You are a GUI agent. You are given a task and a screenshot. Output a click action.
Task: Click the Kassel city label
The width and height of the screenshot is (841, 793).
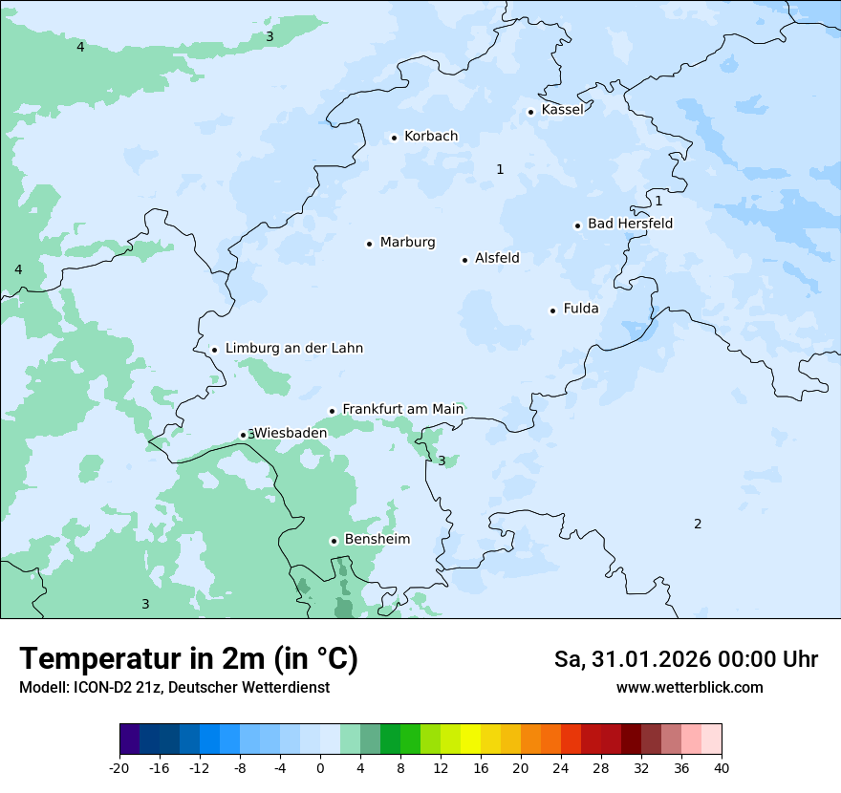[562, 110]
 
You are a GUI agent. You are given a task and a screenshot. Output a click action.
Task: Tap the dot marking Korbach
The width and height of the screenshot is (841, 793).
[394, 138]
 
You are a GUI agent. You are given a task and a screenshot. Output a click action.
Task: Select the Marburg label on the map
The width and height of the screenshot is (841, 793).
[407, 243]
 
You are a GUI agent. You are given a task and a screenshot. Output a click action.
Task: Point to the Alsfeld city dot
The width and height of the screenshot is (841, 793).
[465, 260]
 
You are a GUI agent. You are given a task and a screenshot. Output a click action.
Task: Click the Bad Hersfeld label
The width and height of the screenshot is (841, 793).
[630, 224]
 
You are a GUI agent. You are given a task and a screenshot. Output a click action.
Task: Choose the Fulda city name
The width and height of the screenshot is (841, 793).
[581, 309]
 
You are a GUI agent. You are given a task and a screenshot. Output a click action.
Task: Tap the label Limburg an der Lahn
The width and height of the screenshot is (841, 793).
[294, 349]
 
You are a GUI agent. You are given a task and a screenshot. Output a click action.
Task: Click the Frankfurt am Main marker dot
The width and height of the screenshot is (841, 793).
[333, 411]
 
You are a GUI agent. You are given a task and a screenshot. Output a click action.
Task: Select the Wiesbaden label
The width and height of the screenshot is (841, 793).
[291, 433]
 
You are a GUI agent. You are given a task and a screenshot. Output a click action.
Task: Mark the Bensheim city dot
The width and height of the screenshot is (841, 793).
[334, 541]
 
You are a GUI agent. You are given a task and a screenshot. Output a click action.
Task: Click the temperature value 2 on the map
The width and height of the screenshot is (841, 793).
[698, 524]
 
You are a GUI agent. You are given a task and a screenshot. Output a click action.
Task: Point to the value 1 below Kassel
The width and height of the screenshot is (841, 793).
[500, 169]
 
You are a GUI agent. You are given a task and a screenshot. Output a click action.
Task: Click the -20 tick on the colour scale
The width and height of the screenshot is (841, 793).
[119, 768]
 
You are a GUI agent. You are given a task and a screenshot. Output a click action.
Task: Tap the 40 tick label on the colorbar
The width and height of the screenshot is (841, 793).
[722, 768]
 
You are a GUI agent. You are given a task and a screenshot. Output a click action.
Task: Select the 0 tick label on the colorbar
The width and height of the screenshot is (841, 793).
[320, 768]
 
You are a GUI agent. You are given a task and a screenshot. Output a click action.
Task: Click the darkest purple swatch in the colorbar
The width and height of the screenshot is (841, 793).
[130, 739]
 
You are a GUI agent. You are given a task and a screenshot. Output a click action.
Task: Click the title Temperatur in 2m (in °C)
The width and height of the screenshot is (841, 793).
[188, 659]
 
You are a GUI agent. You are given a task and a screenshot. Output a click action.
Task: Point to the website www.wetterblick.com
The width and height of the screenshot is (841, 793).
[689, 688]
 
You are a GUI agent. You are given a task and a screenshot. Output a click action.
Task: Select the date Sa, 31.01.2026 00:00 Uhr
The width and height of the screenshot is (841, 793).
[685, 659]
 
